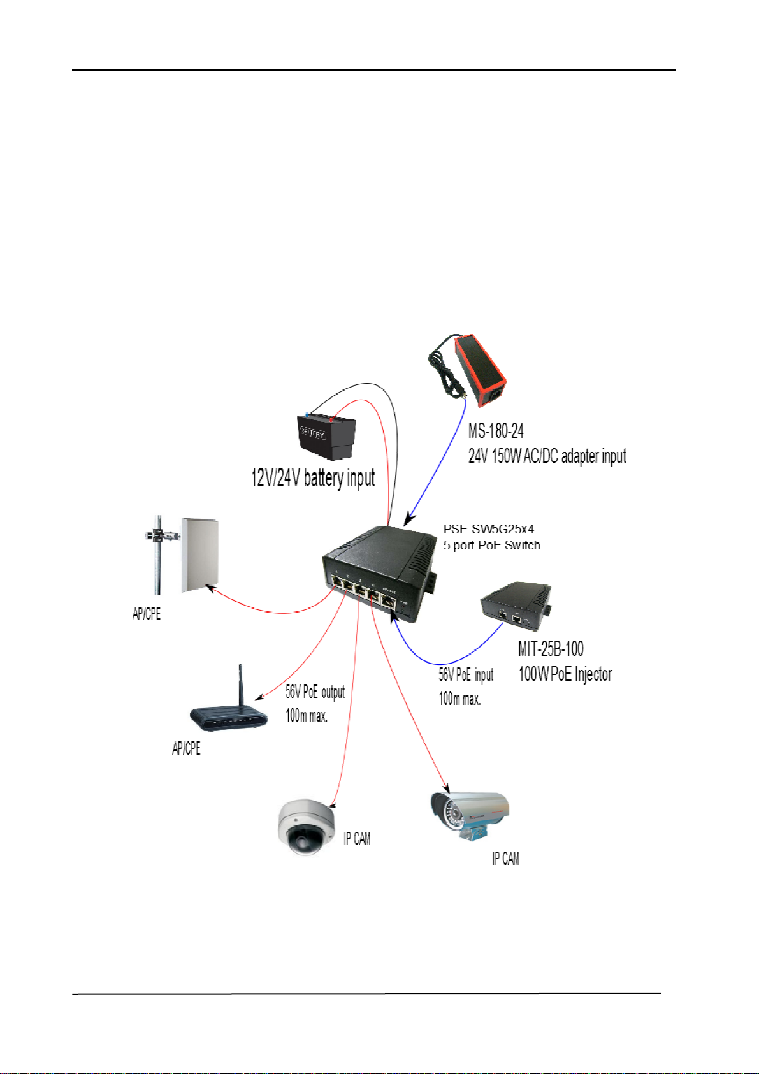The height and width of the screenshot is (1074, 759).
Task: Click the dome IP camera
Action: [x=306, y=827]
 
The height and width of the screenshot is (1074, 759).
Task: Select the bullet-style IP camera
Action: [x=470, y=816]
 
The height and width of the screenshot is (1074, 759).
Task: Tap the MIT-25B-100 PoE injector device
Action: [x=516, y=606]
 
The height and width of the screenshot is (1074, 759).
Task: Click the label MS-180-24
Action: [x=496, y=431]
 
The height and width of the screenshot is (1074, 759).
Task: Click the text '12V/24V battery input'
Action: [x=313, y=478]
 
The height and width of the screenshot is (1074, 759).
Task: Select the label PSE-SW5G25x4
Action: [x=489, y=529]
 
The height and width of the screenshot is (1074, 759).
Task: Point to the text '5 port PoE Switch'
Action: [x=491, y=545]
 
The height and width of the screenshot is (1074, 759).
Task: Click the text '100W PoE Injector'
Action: [x=565, y=674]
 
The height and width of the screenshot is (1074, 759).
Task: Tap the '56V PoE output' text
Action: [x=315, y=692]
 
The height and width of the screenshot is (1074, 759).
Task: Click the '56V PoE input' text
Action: [x=466, y=674]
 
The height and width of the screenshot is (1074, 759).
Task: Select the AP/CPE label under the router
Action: [x=186, y=748]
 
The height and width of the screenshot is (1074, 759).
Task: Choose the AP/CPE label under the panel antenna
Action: [x=146, y=613]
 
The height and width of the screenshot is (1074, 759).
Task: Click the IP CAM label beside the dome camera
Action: [x=357, y=839]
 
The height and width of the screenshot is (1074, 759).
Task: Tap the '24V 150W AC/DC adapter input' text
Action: [x=547, y=456]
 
